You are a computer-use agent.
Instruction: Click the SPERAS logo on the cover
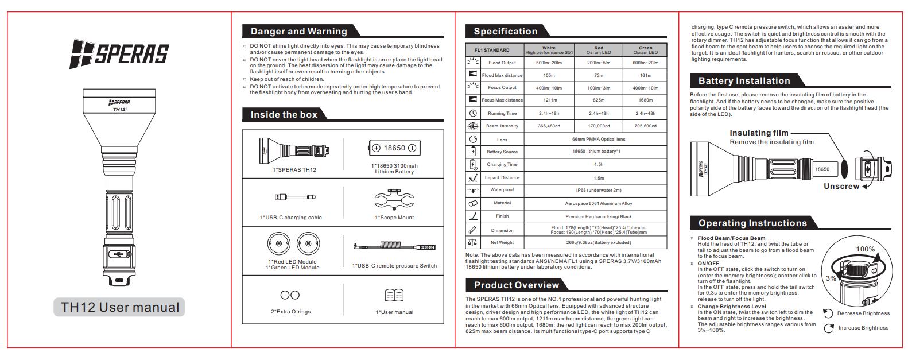pyautogui.click(x=119, y=54)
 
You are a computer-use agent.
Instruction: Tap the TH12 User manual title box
pyautogui.click(x=120, y=307)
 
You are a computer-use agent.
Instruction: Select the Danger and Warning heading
pyautogui.click(x=298, y=32)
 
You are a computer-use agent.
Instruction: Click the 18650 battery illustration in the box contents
pyautogui.click(x=394, y=148)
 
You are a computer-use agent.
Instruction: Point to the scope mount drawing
pyautogui.click(x=394, y=200)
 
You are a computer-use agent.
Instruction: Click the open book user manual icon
pyautogui.click(x=394, y=295)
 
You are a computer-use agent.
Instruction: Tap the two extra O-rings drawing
pyautogui.click(x=290, y=295)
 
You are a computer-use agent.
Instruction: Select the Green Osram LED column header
pyautogui.click(x=645, y=50)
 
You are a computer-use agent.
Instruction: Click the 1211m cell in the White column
pyautogui.click(x=549, y=100)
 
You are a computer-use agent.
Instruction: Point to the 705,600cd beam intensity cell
pyautogui.click(x=645, y=126)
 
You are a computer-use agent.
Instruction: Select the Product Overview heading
pyautogui.click(x=516, y=285)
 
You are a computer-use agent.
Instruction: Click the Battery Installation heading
pyautogui.click(x=744, y=81)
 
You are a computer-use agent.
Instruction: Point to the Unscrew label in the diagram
pyautogui.click(x=841, y=187)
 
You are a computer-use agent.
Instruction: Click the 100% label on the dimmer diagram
pyautogui.click(x=865, y=249)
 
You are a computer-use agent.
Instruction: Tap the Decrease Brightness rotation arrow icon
pyautogui.click(x=828, y=313)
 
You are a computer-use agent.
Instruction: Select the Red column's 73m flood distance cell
pyautogui.click(x=598, y=75)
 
